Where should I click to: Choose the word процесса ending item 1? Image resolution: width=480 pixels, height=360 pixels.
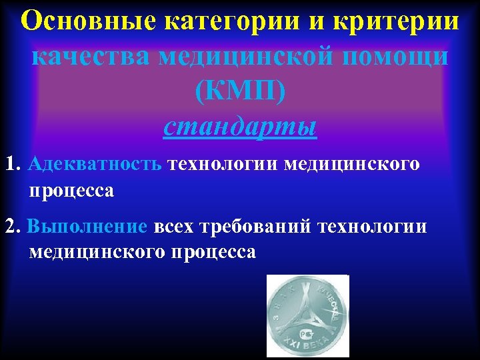click(x=71, y=191)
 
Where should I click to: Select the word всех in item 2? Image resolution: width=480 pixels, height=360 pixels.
click(x=175, y=226)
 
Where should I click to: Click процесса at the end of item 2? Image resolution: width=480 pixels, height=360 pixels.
click(x=213, y=253)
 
